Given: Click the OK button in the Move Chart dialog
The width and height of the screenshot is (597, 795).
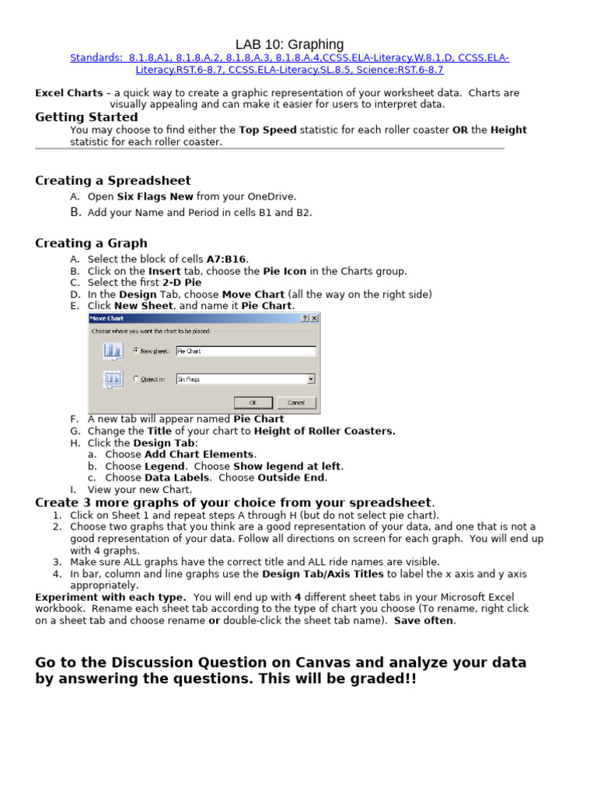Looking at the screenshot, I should (253, 403).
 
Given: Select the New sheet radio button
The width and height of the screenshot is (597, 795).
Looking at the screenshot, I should (138, 351).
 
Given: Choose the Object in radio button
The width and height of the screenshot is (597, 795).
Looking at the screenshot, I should (138, 380).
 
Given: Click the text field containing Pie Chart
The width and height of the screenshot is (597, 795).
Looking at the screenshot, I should (246, 351).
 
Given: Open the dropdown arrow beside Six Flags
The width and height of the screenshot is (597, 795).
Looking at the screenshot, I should (311, 380).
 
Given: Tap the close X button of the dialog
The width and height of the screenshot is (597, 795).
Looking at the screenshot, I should (315, 318).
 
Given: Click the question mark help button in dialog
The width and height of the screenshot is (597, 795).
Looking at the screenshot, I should (305, 318).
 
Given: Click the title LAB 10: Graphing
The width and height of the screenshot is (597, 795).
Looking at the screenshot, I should (289, 44).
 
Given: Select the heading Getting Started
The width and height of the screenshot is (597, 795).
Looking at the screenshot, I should (86, 117).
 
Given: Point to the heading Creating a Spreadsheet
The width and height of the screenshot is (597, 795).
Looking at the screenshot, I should (113, 181).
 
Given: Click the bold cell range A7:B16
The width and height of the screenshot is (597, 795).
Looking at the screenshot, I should (227, 259).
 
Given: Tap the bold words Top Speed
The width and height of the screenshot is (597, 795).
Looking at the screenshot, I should (267, 130).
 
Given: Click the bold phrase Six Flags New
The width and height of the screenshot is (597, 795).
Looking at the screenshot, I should (155, 196).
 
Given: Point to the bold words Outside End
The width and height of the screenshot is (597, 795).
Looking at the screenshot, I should (292, 478).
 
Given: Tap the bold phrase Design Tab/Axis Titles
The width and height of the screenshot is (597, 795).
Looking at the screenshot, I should (323, 574).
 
